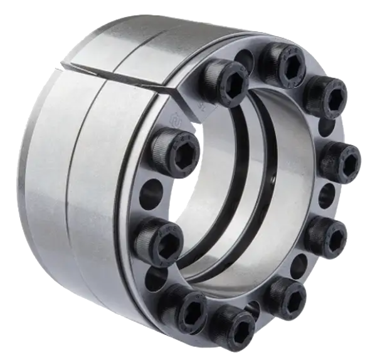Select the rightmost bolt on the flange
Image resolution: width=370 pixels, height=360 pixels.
(x=339, y=161)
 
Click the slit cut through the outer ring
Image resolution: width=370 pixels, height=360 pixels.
(x=113, y=72)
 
